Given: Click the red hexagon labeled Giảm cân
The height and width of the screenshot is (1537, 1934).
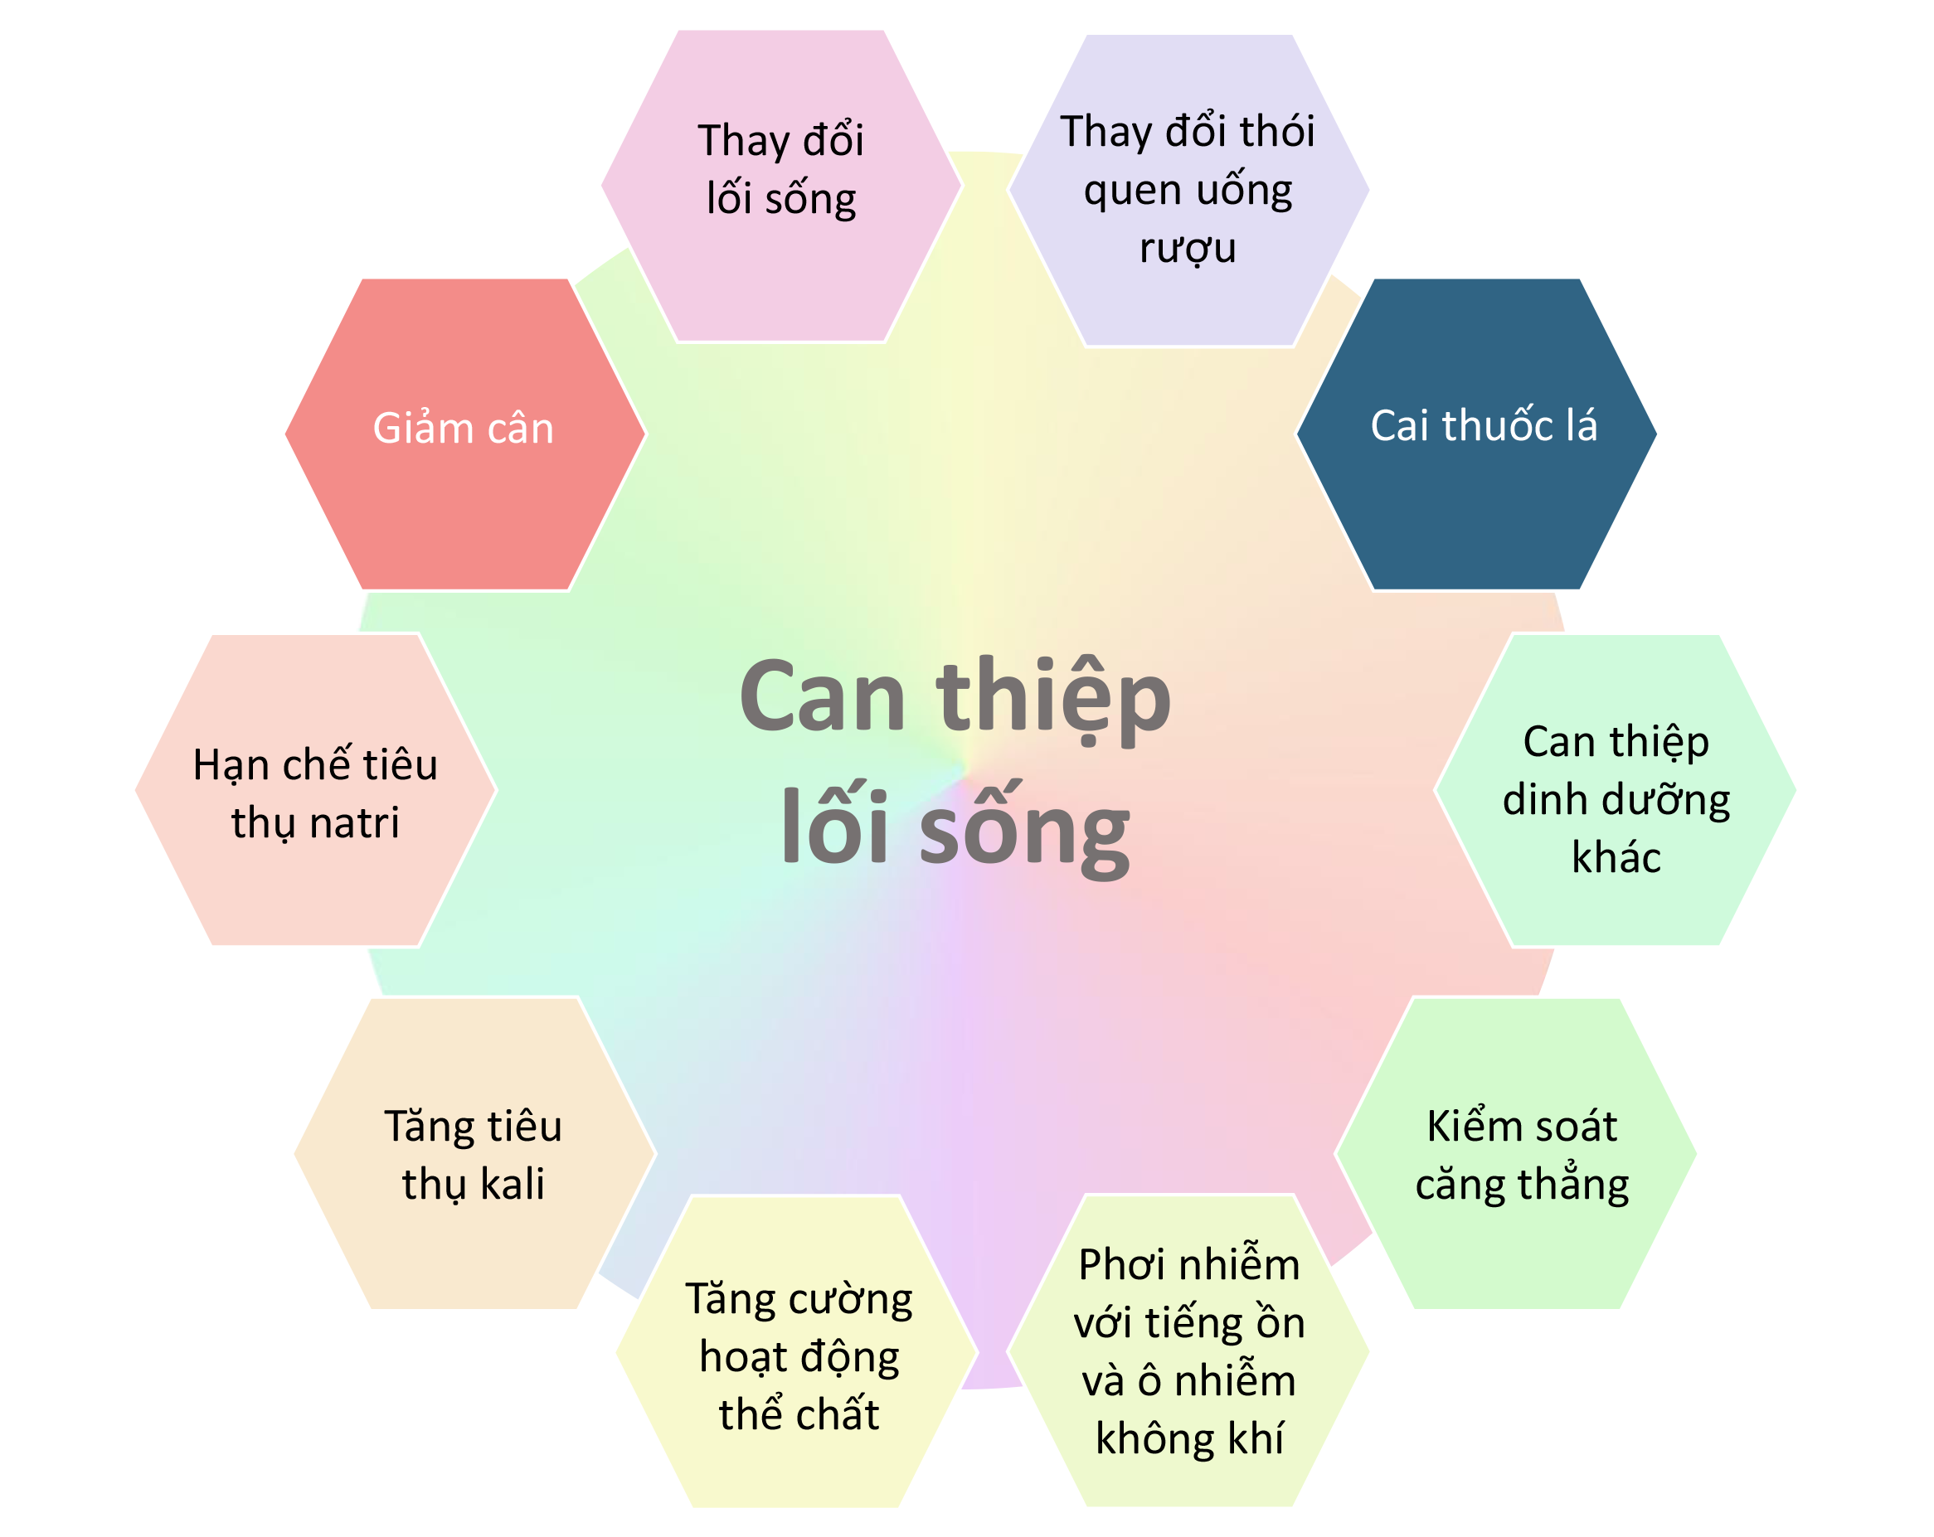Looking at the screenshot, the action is (x=464, y=434).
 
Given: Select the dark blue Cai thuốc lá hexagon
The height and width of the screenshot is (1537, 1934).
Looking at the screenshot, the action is (x=1476, y=434).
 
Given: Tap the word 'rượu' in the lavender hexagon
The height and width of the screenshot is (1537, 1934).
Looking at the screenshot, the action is (x=1188, y=248).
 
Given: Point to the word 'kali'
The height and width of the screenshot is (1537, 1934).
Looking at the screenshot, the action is (x=513, y=1184).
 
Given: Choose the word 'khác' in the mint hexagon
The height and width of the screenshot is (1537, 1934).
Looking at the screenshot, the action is (x=1616, y=857).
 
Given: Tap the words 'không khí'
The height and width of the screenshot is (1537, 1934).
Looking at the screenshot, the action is (x=1189, y=1438).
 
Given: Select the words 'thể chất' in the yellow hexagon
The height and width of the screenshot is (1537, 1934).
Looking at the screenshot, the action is (x=799, y=1413).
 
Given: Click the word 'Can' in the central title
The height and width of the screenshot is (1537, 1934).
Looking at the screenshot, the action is (x=823, y=696).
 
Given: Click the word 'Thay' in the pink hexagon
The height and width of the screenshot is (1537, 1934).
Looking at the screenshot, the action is (x=744, y=142).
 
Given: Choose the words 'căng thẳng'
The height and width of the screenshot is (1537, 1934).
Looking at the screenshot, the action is (x=1523, y=1185).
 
